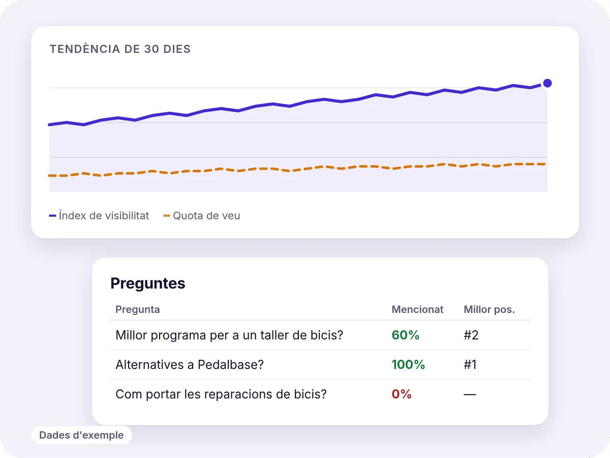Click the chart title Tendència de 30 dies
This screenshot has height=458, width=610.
point(120,49)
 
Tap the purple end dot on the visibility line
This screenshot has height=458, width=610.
point(547,83)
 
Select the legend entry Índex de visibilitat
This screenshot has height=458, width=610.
point(99,216)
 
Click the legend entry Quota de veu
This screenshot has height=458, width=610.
point(202,216)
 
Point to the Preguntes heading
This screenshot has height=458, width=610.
point(148,283)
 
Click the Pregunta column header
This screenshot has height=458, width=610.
point(138,309)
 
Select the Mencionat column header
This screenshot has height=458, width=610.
point(417,309)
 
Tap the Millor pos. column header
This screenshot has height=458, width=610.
point(489,309)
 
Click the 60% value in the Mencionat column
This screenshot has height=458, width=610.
point(406,335)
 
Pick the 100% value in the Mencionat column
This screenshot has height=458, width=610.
point(408,364)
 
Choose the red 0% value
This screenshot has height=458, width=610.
point(402,394)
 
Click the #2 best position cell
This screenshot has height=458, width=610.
point(471,335)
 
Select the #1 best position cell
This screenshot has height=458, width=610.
point(470,364)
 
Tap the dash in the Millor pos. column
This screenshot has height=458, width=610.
point(470,394)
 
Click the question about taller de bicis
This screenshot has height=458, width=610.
point(229,335)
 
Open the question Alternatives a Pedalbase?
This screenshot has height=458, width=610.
point(190,364)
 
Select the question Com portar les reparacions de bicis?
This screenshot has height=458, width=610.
point(221,394)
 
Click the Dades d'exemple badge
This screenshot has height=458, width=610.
point(81,435)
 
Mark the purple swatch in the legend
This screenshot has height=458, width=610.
point(52,216)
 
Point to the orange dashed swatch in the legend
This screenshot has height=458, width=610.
point(166,216)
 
